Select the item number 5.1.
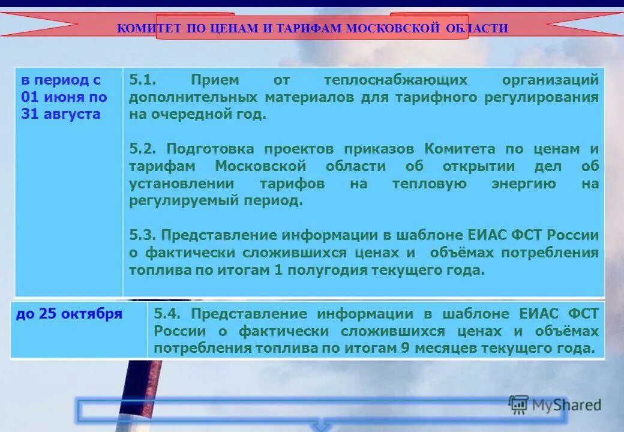(x=142, y=80)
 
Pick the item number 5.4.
(x=169, y=313)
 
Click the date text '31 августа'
(x=60, y=114)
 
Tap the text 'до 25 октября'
(x=69, y=313)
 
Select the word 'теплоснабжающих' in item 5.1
(x=395, y=80)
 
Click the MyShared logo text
(x=566, y=405)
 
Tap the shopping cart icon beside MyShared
(x=518, y=405)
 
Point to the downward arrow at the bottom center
(x=322, y=426)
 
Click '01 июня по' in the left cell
(x=64, y=97)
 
